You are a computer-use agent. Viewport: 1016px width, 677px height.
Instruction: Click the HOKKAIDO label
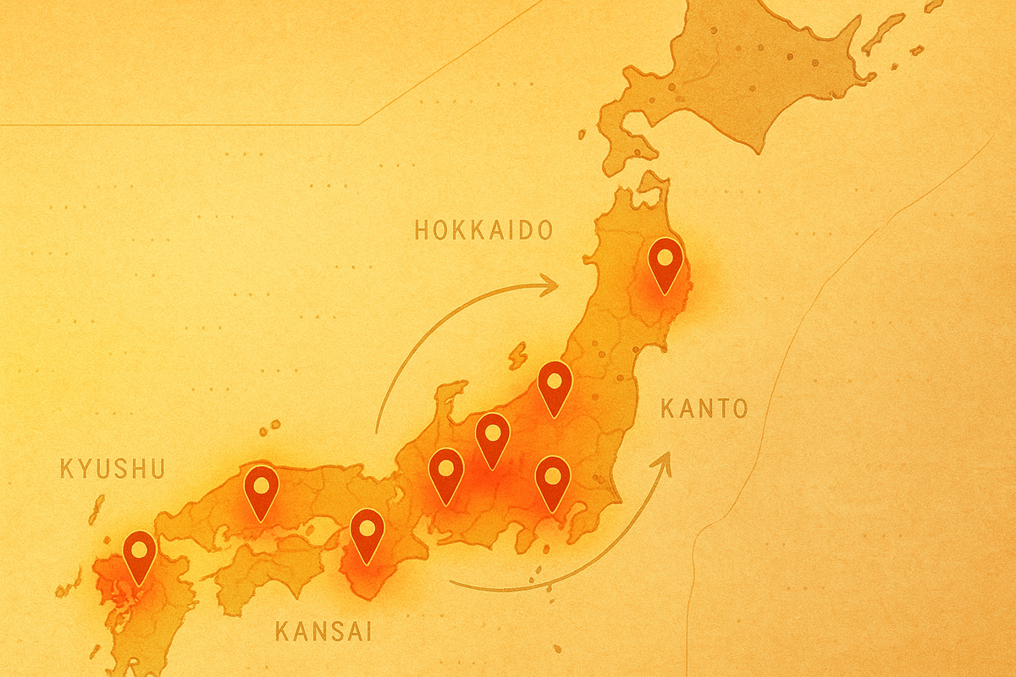pyautogui.click(x=483, y=230)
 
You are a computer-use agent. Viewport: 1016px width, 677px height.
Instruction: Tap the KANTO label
pyautogui.click(x=704, y=410)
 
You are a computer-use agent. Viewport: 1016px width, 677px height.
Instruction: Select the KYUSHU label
pyautogui.click(x=112, y=469)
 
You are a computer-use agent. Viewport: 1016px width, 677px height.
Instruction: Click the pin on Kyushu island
pyautogui.click(x=139, y=555)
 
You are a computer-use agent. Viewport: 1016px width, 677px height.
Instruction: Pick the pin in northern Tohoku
pyautogui.click(x=665, y=263)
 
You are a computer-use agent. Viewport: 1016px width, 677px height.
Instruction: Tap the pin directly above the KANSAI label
pyautogui.click(x=367, y=534)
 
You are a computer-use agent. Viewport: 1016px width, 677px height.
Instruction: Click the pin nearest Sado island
pyautogui.click(x=555, y=386)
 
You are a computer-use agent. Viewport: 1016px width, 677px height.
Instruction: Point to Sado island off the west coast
pyautogui.click(x=517, y=356)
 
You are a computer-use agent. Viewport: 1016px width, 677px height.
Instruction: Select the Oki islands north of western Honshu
pyautogui.click(x=271, y=428)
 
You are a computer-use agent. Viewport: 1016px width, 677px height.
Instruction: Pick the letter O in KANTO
pyautogui.click(x=739, y=410)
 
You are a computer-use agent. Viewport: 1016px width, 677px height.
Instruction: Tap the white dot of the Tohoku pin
pyautogui.click(x=665, y=256)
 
